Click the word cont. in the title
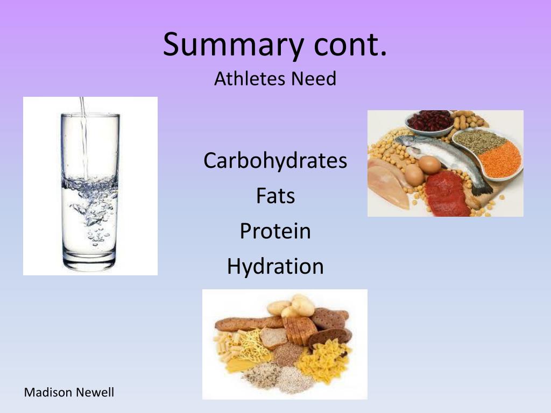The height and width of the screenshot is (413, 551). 350,45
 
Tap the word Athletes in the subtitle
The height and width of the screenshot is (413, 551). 250,79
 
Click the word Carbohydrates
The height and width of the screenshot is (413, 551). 275,161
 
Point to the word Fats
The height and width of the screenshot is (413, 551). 275,196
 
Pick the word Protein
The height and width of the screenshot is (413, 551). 275,231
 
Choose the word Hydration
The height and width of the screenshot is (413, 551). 275,266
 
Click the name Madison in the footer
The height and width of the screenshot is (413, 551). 48,393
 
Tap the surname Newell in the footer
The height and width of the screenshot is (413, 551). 95,393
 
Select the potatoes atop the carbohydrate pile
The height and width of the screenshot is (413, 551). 293,307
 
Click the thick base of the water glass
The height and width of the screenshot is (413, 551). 90,263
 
